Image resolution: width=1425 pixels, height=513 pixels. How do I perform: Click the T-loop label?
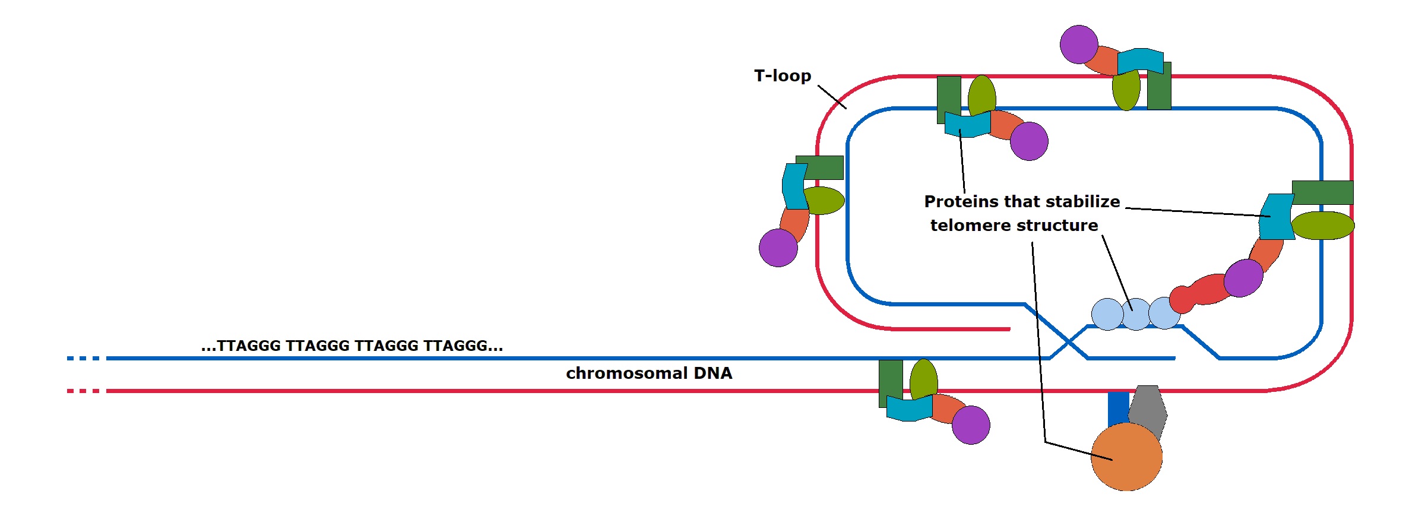pyautogui.click(x=783, y=76)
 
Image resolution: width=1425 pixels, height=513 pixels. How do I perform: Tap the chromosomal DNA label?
pyautogui.click(x=649, y=373)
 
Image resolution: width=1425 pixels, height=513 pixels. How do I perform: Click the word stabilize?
pyautogui.click(x=1083, y=202)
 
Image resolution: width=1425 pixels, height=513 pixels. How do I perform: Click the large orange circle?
pyautogui.click(x=1126, y=457)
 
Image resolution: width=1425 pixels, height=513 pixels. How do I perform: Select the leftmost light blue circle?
pyautogui.click(x=1107, y=314)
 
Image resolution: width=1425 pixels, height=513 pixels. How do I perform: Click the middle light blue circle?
pyautogui.click(x=1136, y=314)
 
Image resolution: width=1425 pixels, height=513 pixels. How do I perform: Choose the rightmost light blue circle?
pyautogui.click(x=1164, y=313)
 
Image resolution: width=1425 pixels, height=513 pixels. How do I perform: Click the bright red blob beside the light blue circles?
pyautogui.click(x=1202, y=292)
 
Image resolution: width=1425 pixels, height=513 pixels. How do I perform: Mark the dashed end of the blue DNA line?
pyautogui.click(x=83, y=359)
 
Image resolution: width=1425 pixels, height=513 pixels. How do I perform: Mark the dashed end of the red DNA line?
pyautogui.click(x=83, y=391)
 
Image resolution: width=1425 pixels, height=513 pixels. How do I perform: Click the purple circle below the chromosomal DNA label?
pyautogui.click(x=971, y=425)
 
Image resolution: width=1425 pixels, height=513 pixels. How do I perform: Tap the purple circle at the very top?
pyautogui.click(x=1079, y=45)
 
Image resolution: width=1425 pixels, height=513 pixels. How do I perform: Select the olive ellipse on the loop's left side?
pyautogui.click(x=824, y=201)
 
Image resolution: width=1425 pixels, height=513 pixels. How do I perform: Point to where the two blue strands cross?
pyautogui.click(x=1068, y=343)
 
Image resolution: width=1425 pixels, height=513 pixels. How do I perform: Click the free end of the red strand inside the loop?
pyautogui.click(x=1008, y=329)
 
